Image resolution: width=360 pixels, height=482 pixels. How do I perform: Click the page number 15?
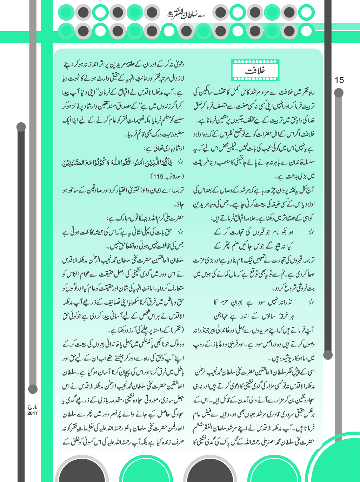pyautogui.click(x=339, y=80)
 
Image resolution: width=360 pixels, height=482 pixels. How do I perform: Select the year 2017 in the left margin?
pyautogui.click(x=32, y=413)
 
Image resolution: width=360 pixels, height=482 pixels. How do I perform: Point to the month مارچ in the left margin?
pyautogui.click(x=32, y=407)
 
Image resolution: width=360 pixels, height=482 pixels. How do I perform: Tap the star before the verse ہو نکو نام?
pyautogui.click(x=311, y=232)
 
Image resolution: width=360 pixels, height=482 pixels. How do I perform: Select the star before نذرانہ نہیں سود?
pyautogui.click(x=311, y=302)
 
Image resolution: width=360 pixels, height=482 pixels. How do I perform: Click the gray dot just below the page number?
pyautogui.click(x=339, y=93)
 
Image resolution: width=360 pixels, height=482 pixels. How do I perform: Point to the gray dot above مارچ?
pyautogui.click(x=33, y=389)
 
